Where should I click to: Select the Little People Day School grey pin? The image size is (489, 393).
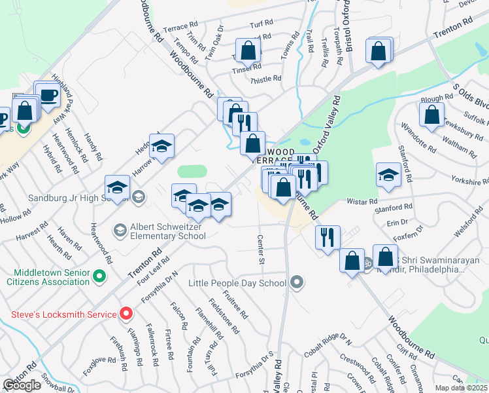click(x=297, y=283)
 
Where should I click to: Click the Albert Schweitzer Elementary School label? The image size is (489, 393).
click(x=168, y=230)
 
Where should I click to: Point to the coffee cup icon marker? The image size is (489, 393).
click(x=48, y=96)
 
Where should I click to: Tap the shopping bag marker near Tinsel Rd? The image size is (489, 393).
click(x=248, y=50)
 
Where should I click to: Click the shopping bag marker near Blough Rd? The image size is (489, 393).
click(x=432, y=115)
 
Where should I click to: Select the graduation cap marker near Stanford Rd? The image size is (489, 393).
click(x=388, y=175)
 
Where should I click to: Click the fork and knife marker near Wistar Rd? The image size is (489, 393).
click(x=327, y=237)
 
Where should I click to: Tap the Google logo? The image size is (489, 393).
click(x=22, y=385)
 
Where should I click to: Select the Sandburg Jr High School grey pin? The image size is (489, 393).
click(x=138, y=196)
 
